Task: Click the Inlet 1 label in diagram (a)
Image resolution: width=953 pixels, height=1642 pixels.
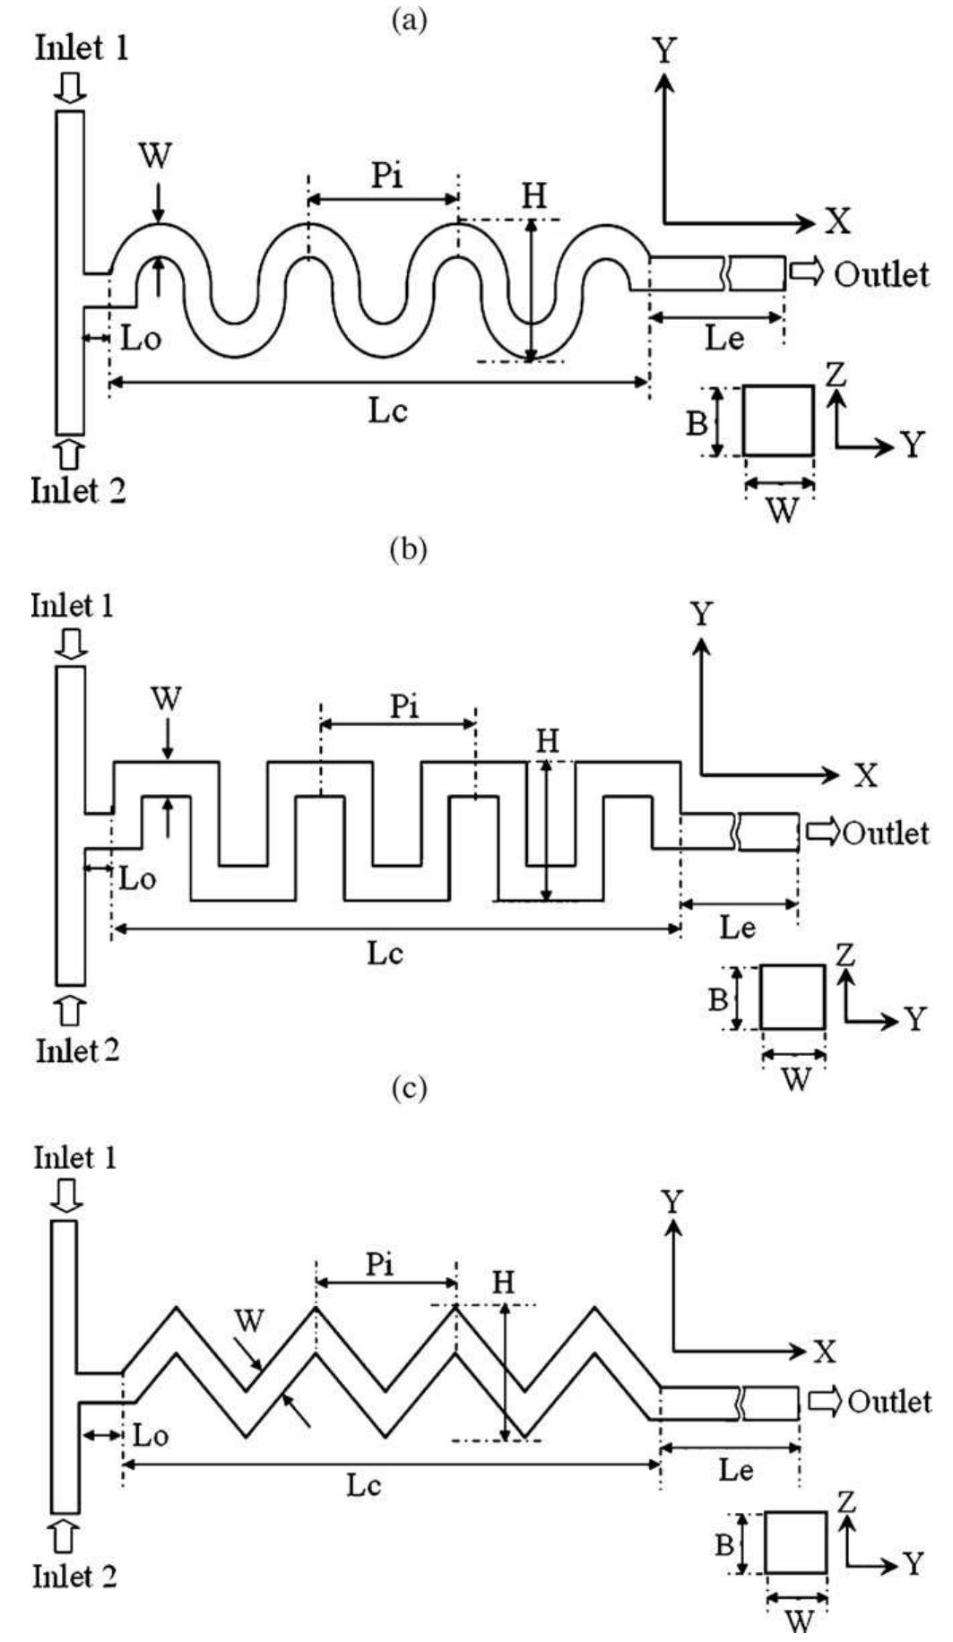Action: pos(82,48)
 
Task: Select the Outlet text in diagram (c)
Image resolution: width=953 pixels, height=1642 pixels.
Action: pos(888,1400)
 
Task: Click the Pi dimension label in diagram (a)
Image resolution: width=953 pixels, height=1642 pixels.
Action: pos(387,176)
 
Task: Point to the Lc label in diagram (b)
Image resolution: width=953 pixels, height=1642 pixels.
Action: pos(385,953)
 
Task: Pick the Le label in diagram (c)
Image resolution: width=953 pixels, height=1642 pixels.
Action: pos(736,1470)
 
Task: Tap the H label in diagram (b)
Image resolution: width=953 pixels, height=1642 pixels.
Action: pos(547,741)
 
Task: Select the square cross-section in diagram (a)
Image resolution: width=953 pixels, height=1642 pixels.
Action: pos(778,421)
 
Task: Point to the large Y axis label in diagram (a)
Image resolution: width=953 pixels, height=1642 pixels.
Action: pos(663,52)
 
